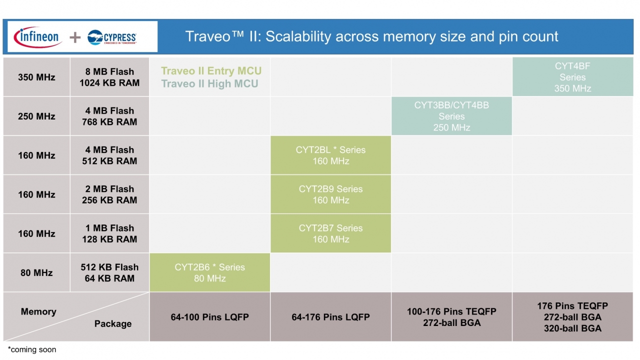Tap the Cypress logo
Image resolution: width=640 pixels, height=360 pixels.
click(x=112, y=37)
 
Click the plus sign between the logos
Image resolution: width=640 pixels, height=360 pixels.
click(x=75, y=37)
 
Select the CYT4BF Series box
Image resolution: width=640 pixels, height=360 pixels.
click(x=572, y=77)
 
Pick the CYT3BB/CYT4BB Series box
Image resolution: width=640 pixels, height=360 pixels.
click(x=451, y=116)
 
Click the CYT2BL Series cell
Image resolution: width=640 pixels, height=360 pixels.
click(x=330, y=155)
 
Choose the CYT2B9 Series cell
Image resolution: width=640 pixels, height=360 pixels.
click(x=330, y=194)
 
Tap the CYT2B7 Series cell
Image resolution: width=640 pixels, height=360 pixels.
click(x=330, y=233)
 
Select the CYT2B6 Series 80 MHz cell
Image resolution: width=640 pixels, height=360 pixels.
click(x=209, y=272)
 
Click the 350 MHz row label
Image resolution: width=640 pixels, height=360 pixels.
click(x=36, y=77)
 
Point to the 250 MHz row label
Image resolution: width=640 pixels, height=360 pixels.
click(x=36, y=116)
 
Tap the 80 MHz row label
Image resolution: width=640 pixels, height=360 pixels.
click(x=36, y=272)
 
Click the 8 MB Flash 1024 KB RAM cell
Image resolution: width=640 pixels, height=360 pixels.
click(x=109, y=77)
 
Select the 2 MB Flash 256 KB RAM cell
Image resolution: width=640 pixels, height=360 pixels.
click(x=109, y=194)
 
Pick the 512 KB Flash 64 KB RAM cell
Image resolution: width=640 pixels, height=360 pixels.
click(x=109, y=272)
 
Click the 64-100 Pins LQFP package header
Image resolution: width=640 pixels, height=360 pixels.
click(x=209, y=317)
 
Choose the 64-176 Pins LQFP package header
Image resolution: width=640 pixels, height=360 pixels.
click(x=330, y=317)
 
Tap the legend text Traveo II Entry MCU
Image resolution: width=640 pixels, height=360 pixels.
click(x=211, y=71)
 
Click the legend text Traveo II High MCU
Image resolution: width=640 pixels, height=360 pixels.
click(x=209, y=83)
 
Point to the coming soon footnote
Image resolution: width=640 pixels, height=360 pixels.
click(x=32, y=349)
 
